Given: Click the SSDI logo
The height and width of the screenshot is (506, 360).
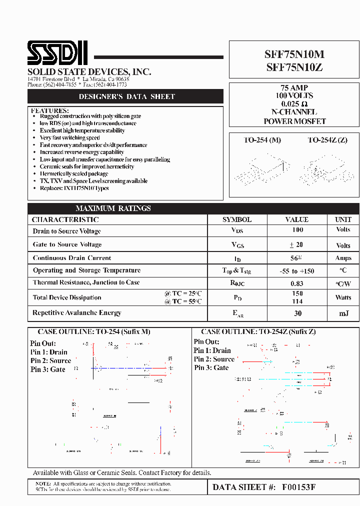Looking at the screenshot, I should pos(57,52).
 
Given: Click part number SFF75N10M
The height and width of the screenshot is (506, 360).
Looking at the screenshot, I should pos(293,55).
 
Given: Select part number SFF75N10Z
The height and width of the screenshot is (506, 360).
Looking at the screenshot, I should pos(293,68).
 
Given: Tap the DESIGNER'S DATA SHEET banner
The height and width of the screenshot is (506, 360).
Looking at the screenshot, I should pos(127,96).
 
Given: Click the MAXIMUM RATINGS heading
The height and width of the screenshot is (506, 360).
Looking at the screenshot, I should pos(113,208).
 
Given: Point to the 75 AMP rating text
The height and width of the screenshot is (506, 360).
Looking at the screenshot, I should pos(294,87).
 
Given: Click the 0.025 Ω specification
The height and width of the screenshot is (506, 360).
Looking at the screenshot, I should pos(294,104).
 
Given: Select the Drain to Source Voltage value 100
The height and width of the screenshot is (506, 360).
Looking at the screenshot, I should pos(297,230).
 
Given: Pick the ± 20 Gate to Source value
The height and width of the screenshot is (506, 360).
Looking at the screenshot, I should pos(296,244).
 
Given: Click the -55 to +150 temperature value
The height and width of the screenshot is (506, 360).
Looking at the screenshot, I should pos(297,271).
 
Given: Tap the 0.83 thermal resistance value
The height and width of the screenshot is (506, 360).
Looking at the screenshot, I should pos(297,283).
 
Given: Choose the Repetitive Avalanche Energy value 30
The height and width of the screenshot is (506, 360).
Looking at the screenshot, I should pos(297,313).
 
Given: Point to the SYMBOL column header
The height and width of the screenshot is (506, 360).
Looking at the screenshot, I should pos(237,219).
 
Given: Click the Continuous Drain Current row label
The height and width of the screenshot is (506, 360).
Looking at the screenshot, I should pos(72,258).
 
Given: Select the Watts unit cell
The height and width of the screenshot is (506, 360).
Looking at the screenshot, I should pos(343,297).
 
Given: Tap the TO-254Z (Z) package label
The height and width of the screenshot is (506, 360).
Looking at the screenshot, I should pos(327,140).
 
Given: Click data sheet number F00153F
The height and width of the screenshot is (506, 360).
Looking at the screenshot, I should pos(299,487).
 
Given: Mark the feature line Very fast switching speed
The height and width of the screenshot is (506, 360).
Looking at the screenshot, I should pos(70,137).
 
